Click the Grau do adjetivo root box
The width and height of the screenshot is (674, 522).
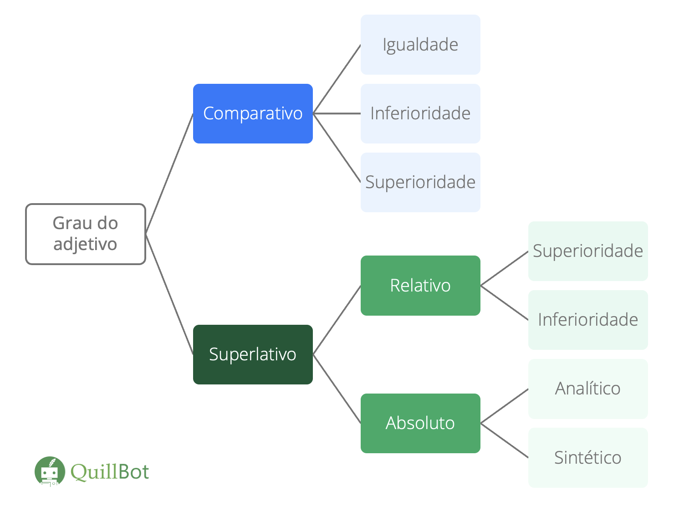point(86,234)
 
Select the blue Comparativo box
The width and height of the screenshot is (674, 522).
point(253,113)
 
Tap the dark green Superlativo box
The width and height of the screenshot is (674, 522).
point(253,354)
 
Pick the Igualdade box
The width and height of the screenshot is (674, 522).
point(420,45)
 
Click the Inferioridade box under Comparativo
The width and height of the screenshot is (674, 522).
point(420,113)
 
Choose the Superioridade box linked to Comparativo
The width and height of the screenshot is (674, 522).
point(420,182)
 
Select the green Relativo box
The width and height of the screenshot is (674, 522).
point(420,286)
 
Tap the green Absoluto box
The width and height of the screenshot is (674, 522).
point(420,423)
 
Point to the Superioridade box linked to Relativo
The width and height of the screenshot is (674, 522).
point(588,251)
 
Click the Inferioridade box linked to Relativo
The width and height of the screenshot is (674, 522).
point(588,320)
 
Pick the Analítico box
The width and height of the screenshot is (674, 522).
point(588,389)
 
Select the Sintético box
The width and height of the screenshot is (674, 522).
point(588,457)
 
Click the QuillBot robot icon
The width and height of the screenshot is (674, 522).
point(49,471)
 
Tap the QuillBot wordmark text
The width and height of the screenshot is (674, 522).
point(110,472)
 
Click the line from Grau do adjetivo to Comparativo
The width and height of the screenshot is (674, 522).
point(169,173)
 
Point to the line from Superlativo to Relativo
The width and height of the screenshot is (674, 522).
point(337,320)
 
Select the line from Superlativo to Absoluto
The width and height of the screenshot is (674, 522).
point(337,389)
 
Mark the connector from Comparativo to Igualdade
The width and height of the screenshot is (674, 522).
point(337,79)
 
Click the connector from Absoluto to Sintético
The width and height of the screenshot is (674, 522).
point(505,440)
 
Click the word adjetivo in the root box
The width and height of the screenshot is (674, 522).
point(85,245)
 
